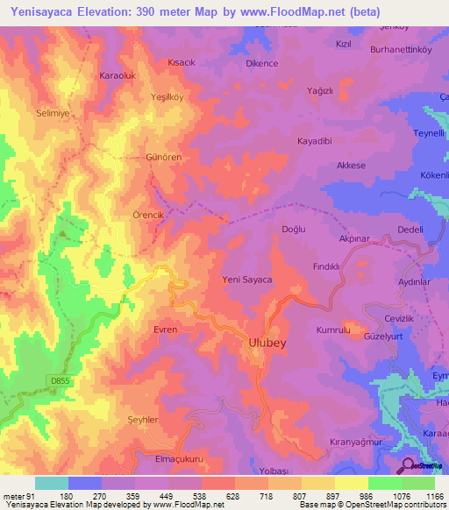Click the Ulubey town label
(x=265, y=344)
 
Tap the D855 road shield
(x=58, y=378)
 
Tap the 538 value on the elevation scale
(x=201, y=497)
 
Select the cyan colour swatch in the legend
(x=52, y=483)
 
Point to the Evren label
(x=165, y=329)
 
